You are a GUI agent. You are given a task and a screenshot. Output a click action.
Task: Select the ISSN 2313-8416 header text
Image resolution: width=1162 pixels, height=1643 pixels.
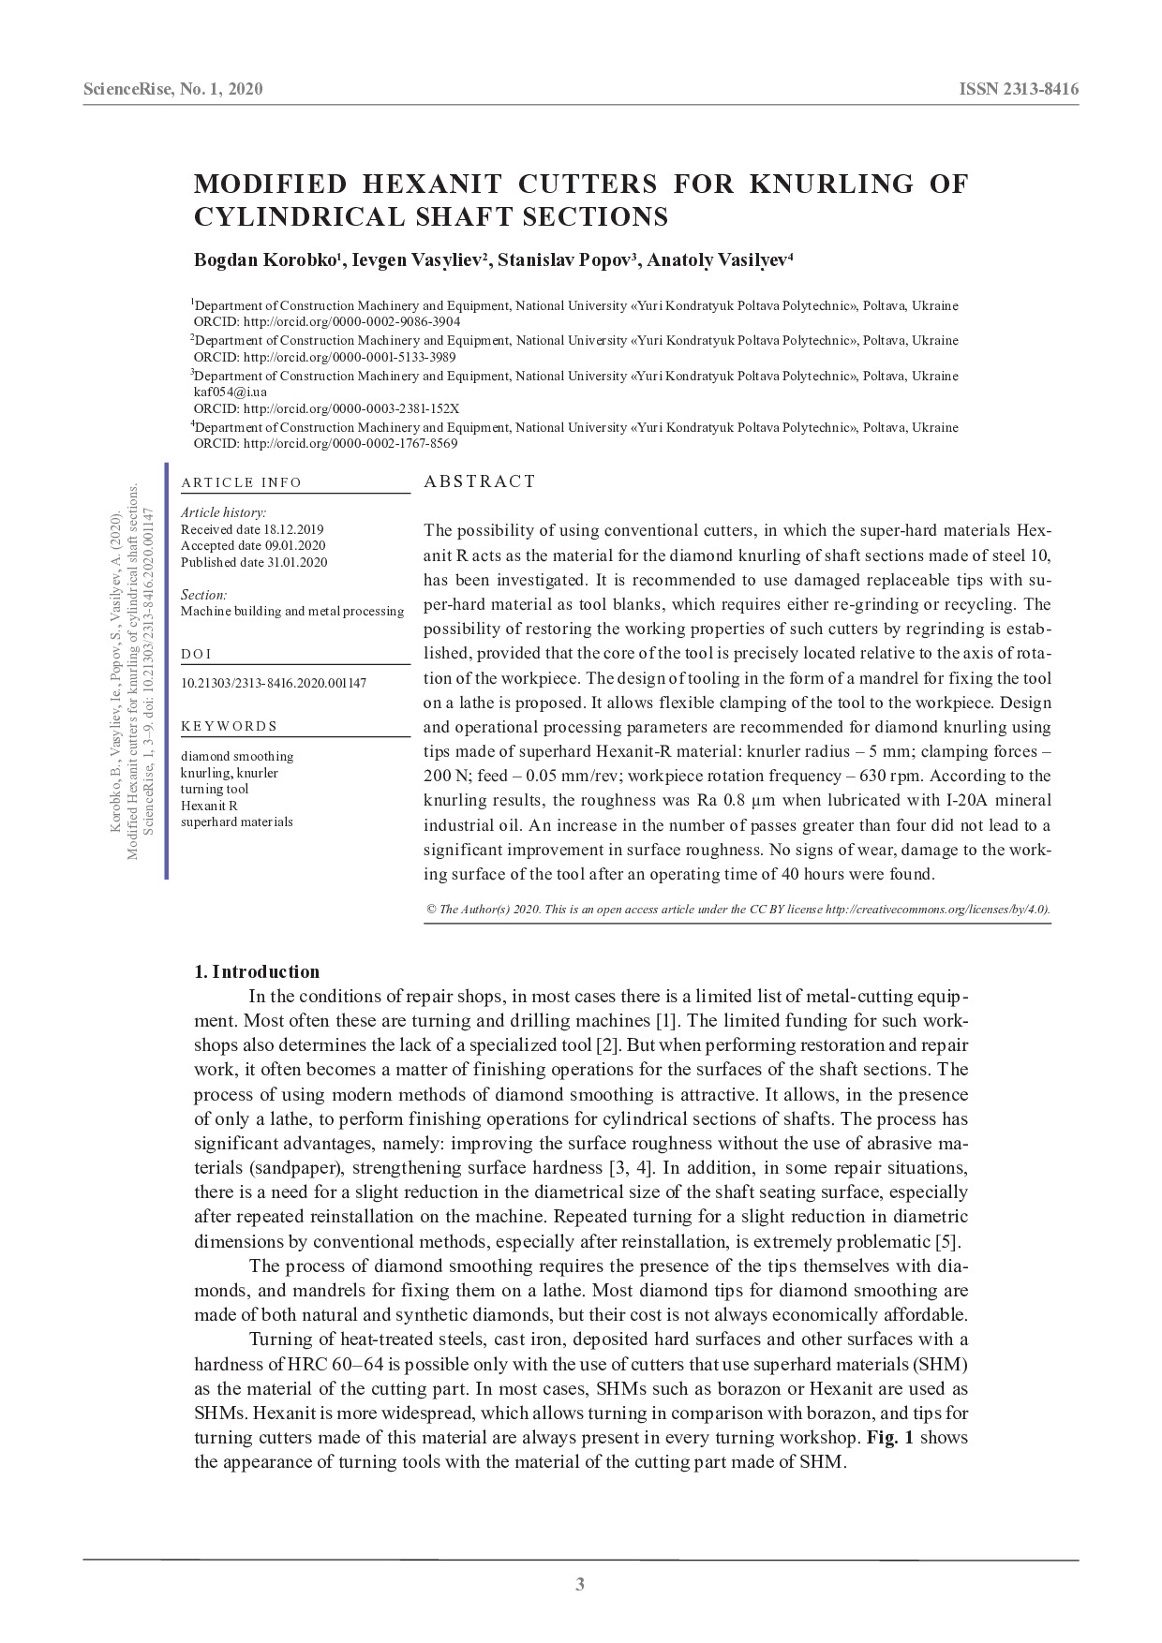[1019, 90]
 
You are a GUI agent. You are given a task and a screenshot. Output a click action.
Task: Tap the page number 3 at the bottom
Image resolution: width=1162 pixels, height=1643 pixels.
[580, 1585]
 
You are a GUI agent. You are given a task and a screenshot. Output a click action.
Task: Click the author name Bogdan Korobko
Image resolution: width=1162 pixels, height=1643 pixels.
[265, 259]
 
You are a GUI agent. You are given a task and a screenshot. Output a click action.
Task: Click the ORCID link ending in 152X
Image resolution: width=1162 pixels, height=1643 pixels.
[350, 409]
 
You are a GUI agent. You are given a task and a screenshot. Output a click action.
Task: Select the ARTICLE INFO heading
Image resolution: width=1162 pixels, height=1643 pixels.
[242, 482]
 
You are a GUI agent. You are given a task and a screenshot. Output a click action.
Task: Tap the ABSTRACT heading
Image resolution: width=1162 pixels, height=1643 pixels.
[480, 481]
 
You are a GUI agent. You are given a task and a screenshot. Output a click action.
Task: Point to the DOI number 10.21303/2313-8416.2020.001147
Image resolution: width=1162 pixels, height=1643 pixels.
[274, 683]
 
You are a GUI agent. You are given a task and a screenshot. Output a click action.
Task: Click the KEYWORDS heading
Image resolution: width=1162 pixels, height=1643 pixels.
[229, 726]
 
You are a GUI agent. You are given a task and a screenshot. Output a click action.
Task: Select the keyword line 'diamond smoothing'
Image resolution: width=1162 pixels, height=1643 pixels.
[237, 756]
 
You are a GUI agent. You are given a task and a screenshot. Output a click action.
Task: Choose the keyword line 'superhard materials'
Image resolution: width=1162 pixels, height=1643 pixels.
[237, 821]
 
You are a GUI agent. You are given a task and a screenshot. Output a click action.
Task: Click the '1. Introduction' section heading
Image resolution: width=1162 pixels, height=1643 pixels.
[257, 971]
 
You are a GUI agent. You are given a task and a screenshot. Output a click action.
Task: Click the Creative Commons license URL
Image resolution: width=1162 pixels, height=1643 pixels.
[937, 909]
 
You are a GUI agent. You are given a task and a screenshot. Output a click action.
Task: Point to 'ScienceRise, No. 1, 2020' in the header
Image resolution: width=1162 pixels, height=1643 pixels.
[173, 90]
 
